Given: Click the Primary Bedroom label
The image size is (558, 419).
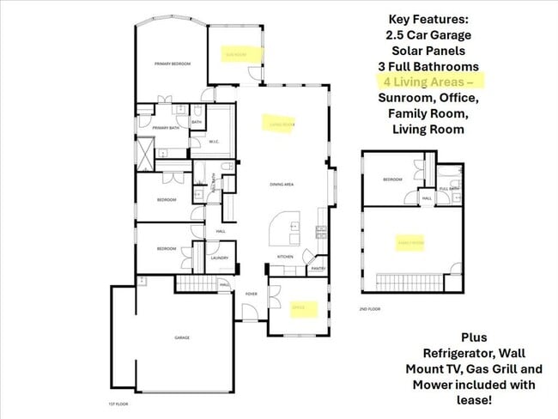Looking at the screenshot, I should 172,64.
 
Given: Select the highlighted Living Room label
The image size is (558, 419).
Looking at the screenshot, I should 282,124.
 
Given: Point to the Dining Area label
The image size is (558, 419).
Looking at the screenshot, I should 283,185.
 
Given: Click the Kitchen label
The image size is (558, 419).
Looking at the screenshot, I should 286,257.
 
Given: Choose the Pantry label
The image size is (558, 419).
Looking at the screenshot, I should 317,269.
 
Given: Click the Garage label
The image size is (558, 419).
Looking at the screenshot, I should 182,338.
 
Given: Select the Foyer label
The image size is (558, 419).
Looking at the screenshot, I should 252,294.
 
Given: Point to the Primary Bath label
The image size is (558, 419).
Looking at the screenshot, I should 167,128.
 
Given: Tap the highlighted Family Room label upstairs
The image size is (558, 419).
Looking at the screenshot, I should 410,243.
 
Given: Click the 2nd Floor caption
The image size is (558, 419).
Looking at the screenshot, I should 369,308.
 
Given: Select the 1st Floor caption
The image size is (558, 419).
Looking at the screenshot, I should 117,404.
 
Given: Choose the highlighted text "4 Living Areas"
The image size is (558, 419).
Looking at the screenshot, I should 428,82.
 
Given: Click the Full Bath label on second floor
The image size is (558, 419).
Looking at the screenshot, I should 448,188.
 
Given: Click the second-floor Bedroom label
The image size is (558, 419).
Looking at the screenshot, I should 393,179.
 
